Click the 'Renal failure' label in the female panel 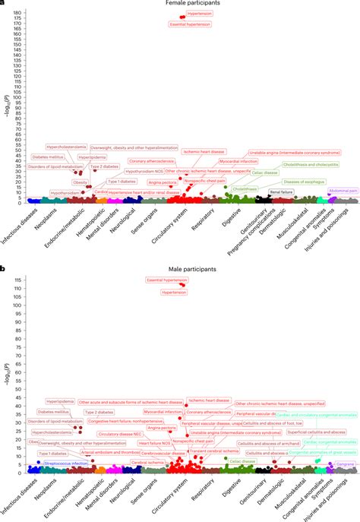[x=282, y=193]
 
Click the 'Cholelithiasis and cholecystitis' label [x=310, y=164]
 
